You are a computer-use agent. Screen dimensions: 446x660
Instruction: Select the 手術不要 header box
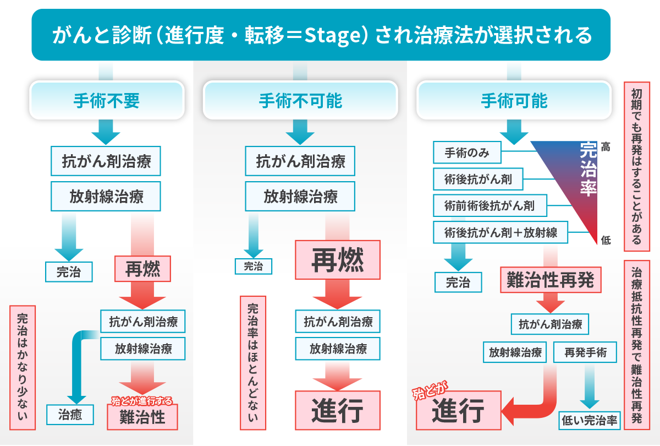tap(106, 100)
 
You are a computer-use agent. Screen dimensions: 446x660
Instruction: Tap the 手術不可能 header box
tap(300, 100)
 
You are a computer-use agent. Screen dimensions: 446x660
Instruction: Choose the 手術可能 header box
tap(514, 100)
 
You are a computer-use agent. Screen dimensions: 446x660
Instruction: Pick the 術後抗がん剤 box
tap(478, 179)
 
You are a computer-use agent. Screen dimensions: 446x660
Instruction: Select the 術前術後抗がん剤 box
tap(490, 206)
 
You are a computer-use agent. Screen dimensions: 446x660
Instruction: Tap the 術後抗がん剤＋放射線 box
tap(501, 232)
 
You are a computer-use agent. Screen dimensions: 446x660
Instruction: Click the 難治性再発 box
tap(549, 280)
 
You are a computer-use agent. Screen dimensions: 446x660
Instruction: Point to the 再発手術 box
tap(586, 352)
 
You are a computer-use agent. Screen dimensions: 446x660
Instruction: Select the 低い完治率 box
tap(590, 421)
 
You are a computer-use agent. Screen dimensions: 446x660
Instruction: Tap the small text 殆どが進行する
tap(142, 400)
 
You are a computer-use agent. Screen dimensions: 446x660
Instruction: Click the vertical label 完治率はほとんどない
tap(252, 363)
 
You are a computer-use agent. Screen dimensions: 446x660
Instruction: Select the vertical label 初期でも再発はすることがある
tap(637, 166)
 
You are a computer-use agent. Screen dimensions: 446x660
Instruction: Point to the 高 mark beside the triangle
tap(606, 147)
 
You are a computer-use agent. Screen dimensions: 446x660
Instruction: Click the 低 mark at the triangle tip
tap(606, 240)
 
